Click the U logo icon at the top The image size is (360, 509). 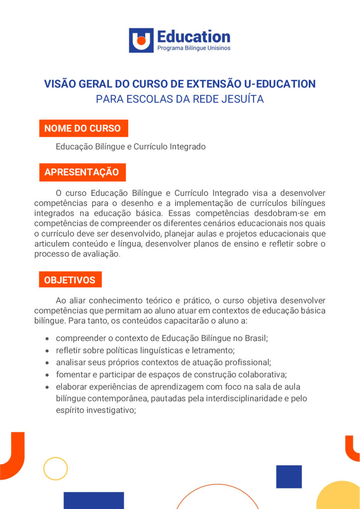click(141, 40)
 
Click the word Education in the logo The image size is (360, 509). click(193, 36)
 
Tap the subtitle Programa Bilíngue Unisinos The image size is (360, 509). click(193, 48)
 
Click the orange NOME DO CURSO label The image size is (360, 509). click(83, 128)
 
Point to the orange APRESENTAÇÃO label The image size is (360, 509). click(82, 172)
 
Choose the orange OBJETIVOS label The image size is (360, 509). click(70, 280)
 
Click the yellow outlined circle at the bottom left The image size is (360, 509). click(55, 468)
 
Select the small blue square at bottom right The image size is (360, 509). click(289, 477)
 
